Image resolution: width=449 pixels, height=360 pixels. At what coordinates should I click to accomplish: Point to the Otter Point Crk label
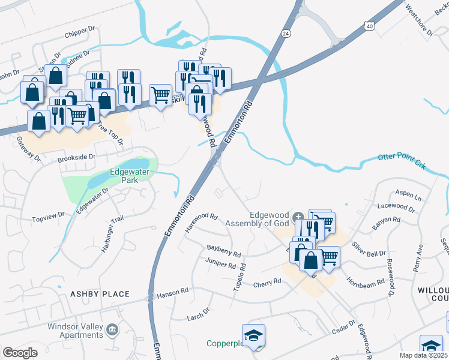[400, 160]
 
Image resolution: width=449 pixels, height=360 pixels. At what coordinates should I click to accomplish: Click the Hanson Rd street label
[172, 296]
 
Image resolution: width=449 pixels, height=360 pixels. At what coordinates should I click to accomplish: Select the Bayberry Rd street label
[223, 249]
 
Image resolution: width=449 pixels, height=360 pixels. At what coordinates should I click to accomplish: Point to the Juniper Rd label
[220, 264]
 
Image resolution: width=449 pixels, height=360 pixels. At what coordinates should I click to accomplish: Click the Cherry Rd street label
[267, 283]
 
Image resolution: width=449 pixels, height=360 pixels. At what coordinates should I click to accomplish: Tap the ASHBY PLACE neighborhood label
[100, 294]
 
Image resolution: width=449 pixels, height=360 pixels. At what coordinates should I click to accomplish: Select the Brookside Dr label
[76, 158]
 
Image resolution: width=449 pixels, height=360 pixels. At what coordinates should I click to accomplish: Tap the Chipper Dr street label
[83, 29]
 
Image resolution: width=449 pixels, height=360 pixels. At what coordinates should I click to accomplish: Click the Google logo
[20, 353]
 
